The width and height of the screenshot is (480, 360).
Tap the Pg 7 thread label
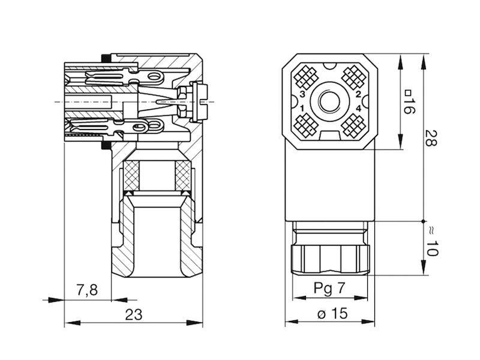(329, 287)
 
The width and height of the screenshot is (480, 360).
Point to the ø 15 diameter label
(329, 314)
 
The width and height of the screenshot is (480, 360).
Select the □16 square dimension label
(410, 102)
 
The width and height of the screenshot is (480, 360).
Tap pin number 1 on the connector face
(302, 108)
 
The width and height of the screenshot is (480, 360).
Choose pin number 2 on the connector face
(358, 95)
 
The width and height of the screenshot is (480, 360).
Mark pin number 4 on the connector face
(358, 108)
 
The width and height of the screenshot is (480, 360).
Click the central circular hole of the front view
(329, 101)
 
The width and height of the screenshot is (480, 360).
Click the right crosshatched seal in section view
(181, 178)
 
